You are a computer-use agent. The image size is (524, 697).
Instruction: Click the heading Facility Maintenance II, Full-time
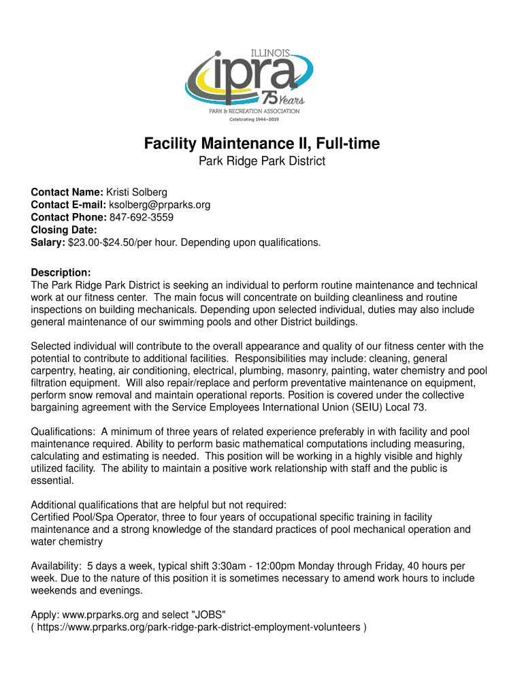point(261,144)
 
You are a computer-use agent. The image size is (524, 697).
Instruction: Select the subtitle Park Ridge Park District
point(261,162)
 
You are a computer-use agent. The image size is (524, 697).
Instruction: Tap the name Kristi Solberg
point(136,193)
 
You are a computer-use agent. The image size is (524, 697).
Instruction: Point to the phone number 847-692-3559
point(141,218)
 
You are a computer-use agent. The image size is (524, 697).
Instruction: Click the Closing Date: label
point(63,230)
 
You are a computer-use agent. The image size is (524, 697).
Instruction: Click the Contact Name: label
point(67,193)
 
